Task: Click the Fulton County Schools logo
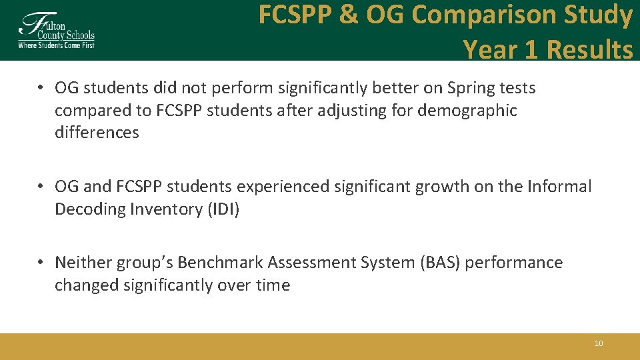(56, 30)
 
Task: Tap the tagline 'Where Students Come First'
(56, 45)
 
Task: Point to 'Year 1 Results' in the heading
(547, 49)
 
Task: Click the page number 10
(598, 343)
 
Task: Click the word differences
(97, 132)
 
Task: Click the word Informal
(559, 187)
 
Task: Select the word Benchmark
(206, 263)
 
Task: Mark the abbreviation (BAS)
(440, 263)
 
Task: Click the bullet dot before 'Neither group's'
(41, 263)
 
